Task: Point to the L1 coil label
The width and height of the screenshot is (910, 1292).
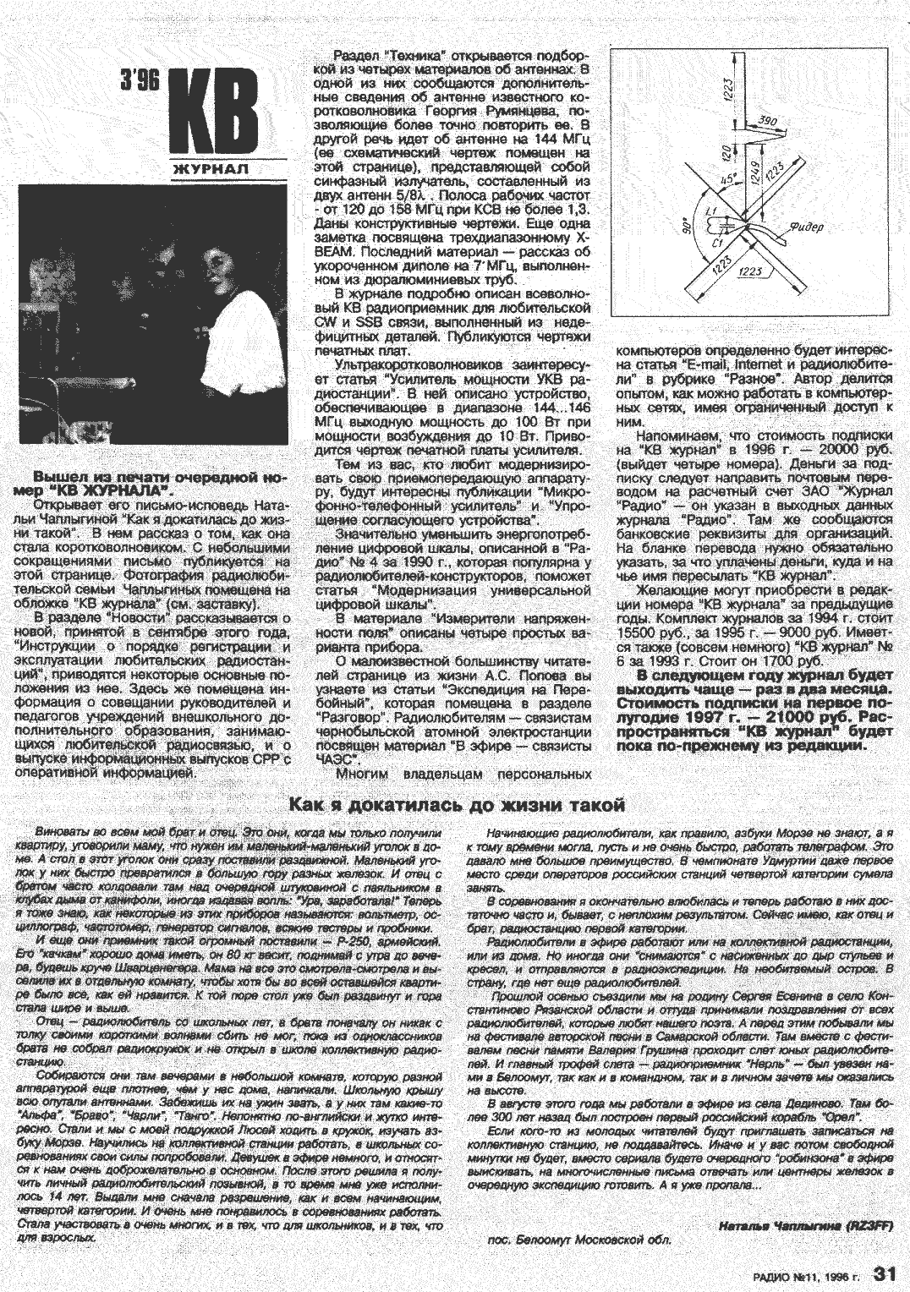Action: coord(710,211)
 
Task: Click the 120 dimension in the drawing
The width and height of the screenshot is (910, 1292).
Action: coord(726,152)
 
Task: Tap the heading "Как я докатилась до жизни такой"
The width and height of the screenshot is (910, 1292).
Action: coord(457,803)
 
